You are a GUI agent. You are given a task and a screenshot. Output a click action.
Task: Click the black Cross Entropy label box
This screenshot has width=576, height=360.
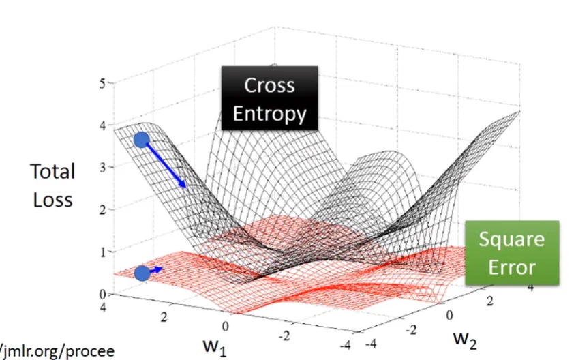[x=269, y=98]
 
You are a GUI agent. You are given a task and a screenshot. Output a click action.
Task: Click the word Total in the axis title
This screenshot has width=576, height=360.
[x=52, y=171]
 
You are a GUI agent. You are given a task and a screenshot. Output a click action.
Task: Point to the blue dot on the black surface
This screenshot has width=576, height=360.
[x=141, y=140]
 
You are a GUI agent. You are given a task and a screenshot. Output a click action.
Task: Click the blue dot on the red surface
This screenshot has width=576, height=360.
[x=142, y=273]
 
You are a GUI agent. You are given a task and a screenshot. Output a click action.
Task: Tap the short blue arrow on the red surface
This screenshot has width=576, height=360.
[x=156, y=270]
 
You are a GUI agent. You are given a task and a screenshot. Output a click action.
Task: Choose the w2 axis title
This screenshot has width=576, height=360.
[x=466, y=337]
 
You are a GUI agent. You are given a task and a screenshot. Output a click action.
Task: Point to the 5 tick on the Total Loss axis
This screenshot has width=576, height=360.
[x=102, y=83]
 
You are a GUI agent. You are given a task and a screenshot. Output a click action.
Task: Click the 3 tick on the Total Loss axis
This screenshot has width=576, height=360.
[x=102, y=168]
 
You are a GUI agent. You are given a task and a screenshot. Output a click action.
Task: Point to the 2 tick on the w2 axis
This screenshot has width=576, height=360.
[x=489, y=300]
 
